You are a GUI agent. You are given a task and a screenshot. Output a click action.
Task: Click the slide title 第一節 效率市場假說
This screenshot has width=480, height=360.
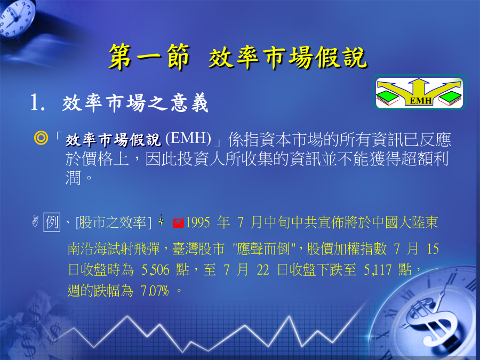tap(238, 57)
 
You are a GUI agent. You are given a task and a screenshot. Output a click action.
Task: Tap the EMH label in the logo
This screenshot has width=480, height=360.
tap(421, 101)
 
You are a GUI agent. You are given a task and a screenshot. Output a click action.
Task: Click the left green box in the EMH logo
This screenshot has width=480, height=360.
tap(387, 97)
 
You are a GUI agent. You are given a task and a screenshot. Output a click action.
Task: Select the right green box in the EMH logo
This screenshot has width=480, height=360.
tap(450, 98)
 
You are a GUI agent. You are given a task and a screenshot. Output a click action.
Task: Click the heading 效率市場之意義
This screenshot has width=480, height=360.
tap(135, 103)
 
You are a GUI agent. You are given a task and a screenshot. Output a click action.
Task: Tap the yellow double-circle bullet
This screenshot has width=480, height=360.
tap(41, 138)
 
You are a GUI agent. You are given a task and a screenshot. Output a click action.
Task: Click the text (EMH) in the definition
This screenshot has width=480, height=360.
tap(188, 138)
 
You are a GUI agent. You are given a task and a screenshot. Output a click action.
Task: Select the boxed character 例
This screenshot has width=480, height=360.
tap(52, 222)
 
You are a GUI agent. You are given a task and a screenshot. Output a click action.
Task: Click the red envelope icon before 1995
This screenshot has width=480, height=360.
tap(178, 222)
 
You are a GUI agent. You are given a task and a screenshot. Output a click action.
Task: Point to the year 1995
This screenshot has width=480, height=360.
tap(198, 222)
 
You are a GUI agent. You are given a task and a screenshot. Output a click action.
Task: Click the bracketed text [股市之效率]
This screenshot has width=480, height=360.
tap(114, 222)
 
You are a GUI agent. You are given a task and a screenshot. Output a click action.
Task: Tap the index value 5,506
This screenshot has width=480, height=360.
tap(155, 270)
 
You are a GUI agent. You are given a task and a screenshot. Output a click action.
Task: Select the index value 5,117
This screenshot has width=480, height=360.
tap(378, 270)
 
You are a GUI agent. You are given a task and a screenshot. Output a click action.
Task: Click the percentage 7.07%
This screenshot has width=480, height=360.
tap(155, 291)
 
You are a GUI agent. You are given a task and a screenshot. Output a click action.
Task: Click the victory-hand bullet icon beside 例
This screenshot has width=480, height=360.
tap(35, 221)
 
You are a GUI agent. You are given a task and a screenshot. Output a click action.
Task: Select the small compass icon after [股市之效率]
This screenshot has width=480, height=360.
tap(161, 220)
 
